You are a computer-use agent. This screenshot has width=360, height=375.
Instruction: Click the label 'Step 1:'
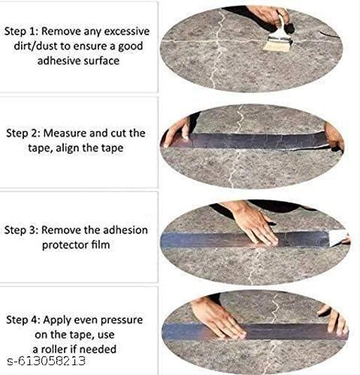pyautogui.click(x=22, y=32)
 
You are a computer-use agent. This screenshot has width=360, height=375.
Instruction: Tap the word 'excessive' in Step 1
pyautogui.click(x=127, y=32)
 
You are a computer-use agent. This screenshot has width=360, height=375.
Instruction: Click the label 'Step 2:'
pyautogui.click(x=22, y=131)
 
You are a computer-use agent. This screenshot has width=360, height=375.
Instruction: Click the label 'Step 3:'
pyautogui.click(x=22, y=230)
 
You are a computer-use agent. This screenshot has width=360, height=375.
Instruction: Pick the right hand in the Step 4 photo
pyautogui.click(x=330, y=320)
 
